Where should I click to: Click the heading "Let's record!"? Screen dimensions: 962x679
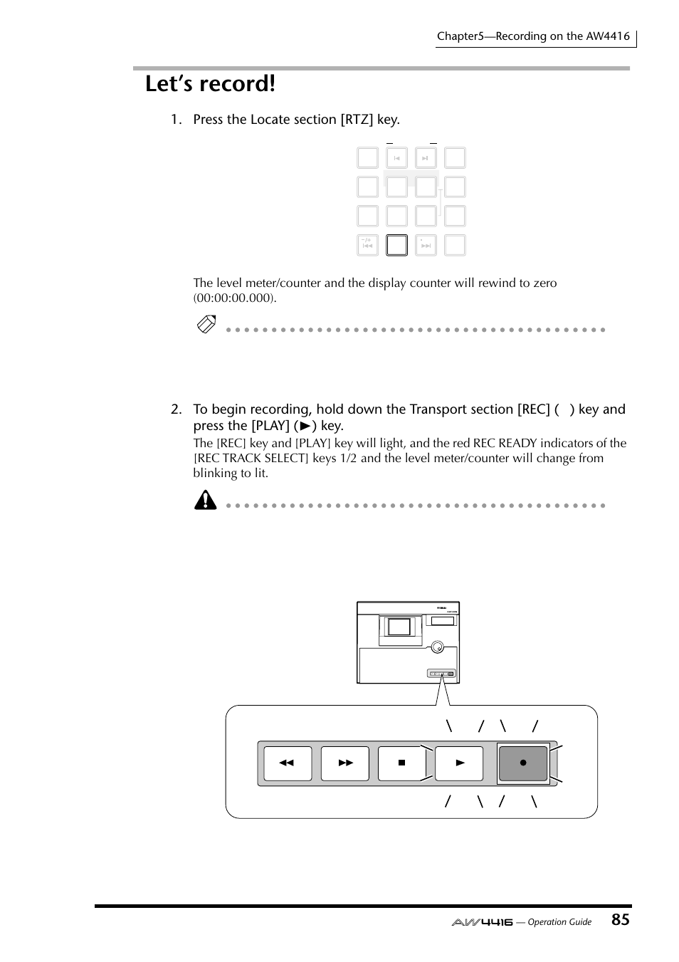coord(210,84)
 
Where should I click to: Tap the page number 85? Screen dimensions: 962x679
coord(620,919)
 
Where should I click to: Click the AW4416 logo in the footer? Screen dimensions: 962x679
coord(482,921)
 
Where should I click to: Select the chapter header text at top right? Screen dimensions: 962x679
coord(533,36)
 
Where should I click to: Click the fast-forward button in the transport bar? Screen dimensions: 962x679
coord(345,763)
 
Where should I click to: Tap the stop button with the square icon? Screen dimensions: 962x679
coord(401,763)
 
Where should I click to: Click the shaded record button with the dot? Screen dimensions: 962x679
coord(523,763)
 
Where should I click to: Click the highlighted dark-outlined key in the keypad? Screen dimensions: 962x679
coord(396,245)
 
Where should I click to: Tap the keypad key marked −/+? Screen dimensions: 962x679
coord(367,245)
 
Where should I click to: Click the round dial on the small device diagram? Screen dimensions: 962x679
coord(438,647)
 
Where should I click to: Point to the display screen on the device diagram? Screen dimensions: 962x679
coord(399,627)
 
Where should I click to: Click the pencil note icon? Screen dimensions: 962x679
coord(206,325)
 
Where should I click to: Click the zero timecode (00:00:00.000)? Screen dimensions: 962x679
coord(234,298)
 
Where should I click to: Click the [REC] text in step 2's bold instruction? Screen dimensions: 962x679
coord(534,409)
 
